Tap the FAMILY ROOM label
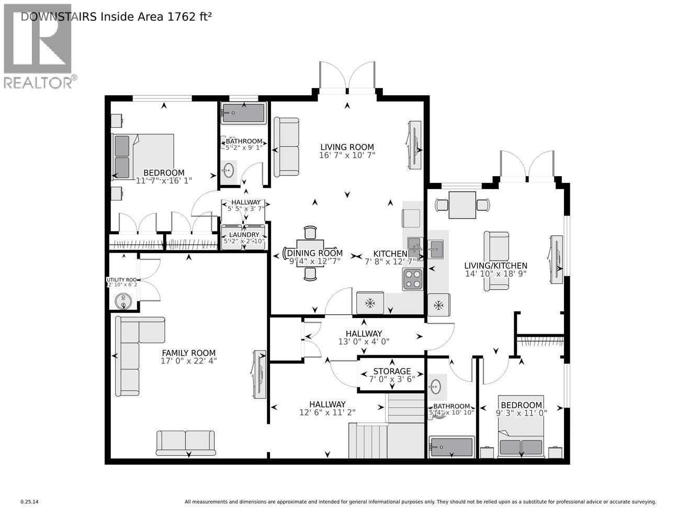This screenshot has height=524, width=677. (188, 353)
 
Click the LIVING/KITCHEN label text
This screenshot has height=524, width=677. (496, 266)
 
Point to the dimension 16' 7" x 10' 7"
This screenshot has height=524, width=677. (347, 155)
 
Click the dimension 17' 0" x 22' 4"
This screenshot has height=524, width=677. (188, 361)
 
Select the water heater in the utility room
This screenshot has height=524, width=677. (124, 301)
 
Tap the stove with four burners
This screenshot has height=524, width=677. (413, 279)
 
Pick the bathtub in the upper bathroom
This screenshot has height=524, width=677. (243, 113)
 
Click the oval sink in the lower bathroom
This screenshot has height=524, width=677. (436, 387)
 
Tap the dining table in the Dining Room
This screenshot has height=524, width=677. (310, 253)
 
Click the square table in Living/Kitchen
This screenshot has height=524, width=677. (462, 205)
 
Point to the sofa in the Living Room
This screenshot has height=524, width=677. (287, 147)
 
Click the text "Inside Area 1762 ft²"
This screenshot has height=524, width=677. (156, 16)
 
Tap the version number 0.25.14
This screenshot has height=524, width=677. (30, 502)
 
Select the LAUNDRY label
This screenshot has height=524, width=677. (244, 235)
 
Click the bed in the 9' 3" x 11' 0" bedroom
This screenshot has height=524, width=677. (521, 427)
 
